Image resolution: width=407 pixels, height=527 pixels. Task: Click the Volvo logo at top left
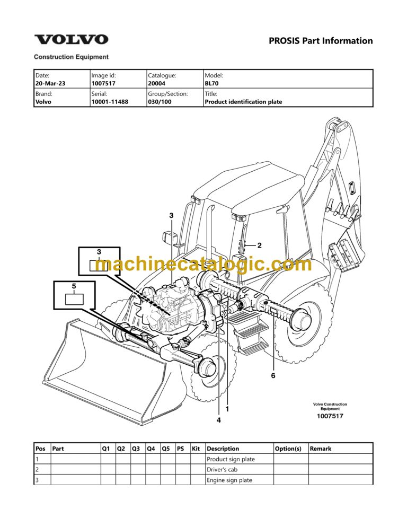[x=71, y=40]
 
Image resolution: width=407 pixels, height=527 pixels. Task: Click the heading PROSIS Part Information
[x=321, y=41]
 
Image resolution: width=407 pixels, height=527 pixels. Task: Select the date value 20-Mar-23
[x=50, y=83]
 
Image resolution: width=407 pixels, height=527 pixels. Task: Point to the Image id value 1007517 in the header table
[x=103, y=83]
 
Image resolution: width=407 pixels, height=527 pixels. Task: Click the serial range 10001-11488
[x=110, y=102]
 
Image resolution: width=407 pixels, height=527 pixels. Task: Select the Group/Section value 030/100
[x=160, y=102]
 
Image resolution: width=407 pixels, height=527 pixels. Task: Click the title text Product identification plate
[x=243, y=102]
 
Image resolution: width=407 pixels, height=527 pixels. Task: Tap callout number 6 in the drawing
[x=273, y=376]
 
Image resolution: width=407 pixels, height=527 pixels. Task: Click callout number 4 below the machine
[x=218, y=420]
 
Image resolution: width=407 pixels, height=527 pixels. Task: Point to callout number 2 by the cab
[x=259, y=245]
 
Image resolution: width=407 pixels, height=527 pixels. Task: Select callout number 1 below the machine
[x=227, y=409]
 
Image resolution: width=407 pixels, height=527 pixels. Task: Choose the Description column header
[x=223, y=449]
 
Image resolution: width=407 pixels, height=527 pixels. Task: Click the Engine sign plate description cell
[x=229, y=480]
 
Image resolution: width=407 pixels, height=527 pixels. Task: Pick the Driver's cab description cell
[x=223, y=469]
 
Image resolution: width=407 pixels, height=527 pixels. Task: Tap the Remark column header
[x=321, y=449]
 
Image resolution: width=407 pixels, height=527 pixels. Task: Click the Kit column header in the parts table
[x=196, y=449]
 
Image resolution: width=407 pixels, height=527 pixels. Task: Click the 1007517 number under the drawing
[x=330, y=416]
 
